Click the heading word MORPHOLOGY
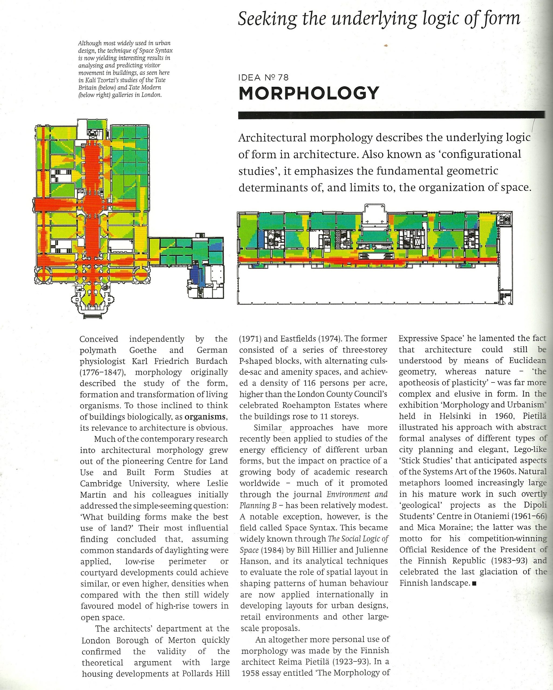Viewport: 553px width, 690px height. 309,93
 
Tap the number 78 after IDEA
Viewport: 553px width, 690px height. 283,77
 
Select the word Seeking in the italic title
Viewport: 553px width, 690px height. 268,19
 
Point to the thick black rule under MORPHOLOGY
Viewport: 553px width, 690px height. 391,115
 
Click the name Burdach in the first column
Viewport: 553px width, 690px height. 212,361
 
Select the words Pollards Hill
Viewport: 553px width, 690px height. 206,673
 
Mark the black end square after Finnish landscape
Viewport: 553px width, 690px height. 475,584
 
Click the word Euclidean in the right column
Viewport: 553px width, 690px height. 527,361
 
